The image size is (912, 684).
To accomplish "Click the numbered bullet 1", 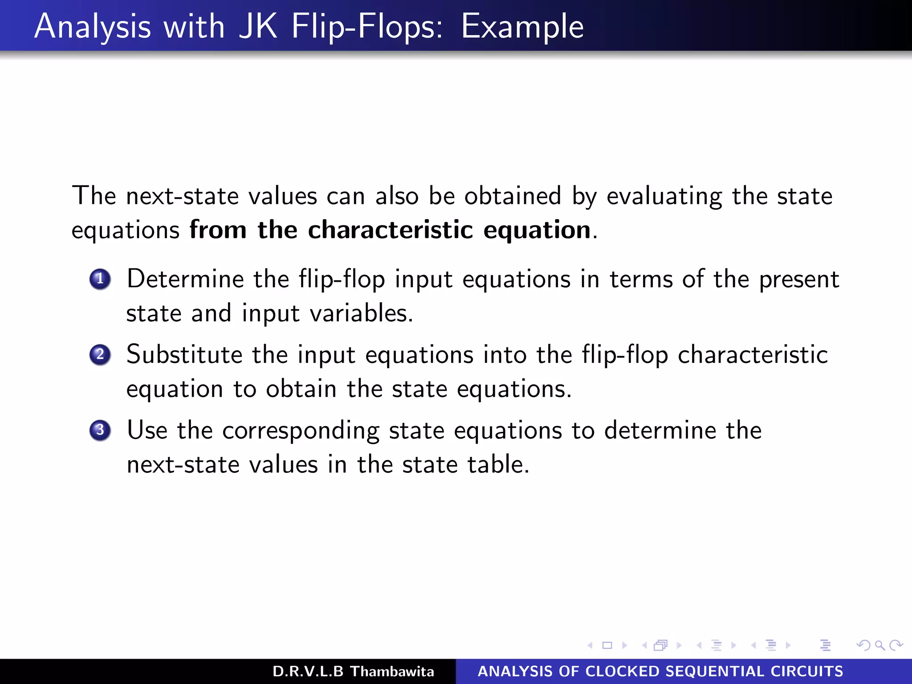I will coord(100,279).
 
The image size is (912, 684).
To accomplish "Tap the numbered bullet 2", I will coord(100,355).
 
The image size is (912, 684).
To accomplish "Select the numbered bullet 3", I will coord(100,430).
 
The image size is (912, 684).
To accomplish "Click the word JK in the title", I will coord(258,27).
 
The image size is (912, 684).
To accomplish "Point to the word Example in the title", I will coord(522,27).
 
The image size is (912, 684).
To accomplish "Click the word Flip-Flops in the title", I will coord(367,27).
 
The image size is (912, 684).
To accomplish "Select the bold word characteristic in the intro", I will coord(390,230).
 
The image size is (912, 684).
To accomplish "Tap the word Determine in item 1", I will coord(185,279).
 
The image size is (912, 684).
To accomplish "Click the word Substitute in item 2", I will coord(184,355).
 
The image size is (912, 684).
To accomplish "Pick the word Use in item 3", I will coord(147,430).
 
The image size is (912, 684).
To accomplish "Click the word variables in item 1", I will coord(361,313).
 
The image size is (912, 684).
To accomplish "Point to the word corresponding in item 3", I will coord(301,431).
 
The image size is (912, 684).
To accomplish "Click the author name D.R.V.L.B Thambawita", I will coord(353,671).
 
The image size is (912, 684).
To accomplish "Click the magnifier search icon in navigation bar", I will coord(879,645).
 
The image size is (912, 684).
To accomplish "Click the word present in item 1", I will coord(799,280).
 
